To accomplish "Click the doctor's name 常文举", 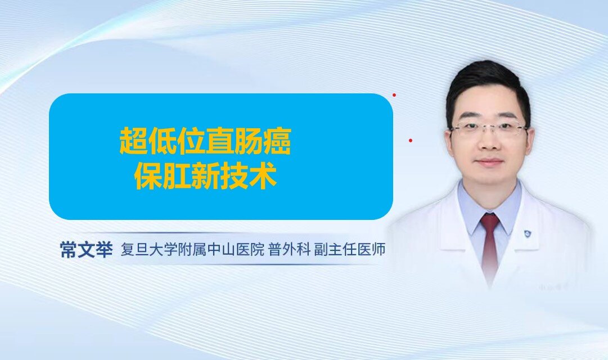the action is click(86, 249).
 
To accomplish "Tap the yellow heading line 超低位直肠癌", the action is click(205, 141).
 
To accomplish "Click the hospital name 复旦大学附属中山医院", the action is click(193, 249).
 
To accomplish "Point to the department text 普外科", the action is click(289, 249).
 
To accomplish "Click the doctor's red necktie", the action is click(490, 248).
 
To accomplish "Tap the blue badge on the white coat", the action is click(528, 233).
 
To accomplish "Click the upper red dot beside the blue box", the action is click(394, 95).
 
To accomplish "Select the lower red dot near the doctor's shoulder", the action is click(411, 141).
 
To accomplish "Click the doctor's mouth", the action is click(490, 162).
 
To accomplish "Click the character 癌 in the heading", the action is click(277, 141).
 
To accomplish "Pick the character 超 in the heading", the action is click(133, 141).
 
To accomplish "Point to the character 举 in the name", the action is click(104, 249).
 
